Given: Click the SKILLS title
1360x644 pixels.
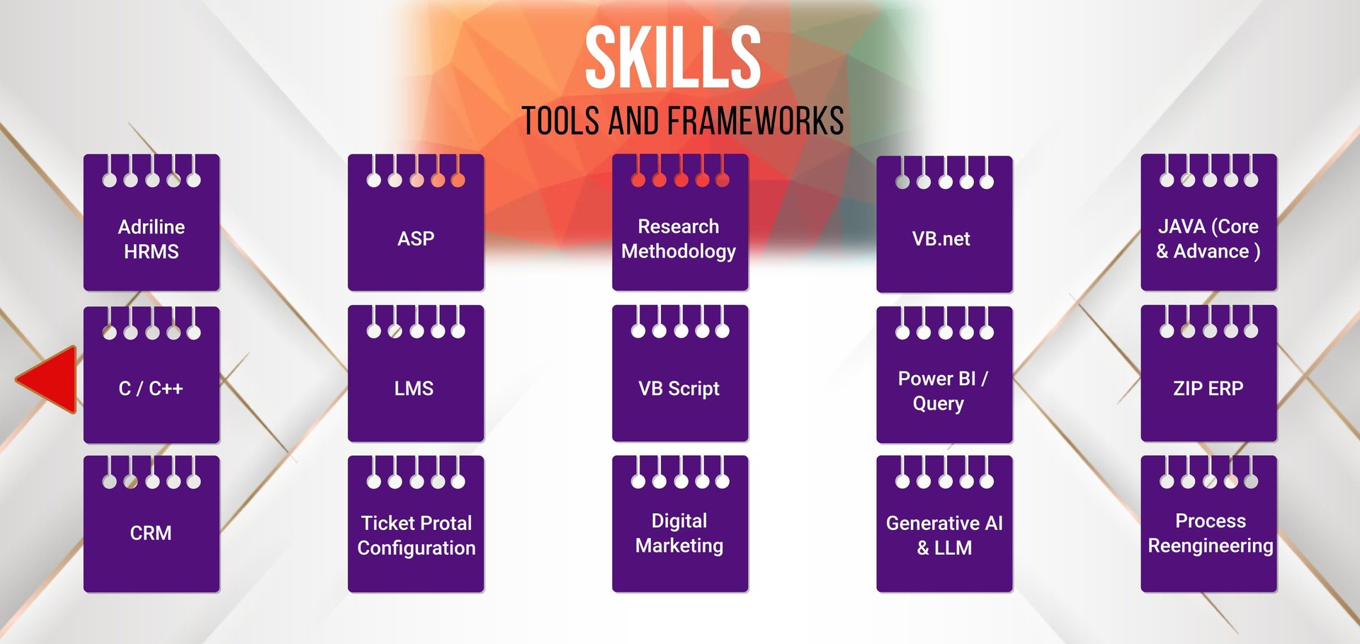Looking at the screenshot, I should (x=672, y=58).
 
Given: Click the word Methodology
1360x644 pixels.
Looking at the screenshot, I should (x=679, y=251).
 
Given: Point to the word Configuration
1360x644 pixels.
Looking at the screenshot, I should (x=416, y=548).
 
